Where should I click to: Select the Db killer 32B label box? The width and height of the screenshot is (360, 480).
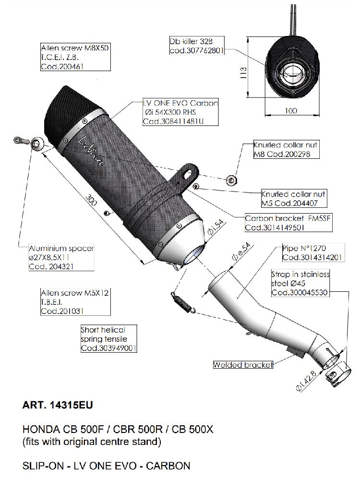[x=197, y=45]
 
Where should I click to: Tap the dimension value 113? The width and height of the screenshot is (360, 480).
[x=243, y=72]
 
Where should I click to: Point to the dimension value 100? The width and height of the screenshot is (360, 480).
[x=290, y=111]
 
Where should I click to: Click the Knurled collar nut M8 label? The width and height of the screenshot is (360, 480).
[x=286, y=150]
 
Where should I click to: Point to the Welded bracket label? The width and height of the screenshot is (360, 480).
[x=243, y=365]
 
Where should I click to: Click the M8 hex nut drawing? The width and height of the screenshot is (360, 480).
[x=233, y=180]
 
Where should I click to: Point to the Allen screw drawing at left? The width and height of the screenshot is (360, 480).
[x=18, y=142]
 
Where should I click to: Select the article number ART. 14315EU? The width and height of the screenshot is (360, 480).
[x=57, y=405]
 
